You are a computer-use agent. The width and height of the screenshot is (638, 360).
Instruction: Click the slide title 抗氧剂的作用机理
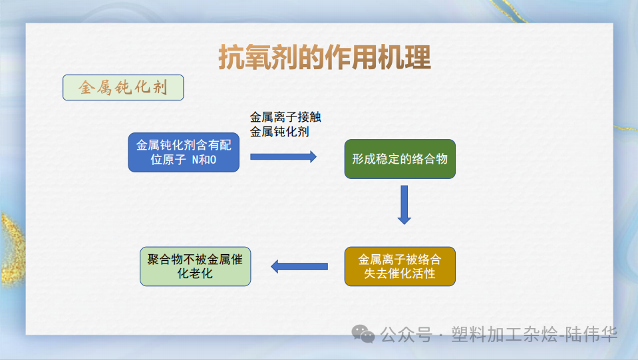[325, 58]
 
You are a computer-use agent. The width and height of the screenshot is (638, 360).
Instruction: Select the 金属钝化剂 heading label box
[123, 88]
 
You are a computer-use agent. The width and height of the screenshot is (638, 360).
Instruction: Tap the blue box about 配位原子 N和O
[184, 152]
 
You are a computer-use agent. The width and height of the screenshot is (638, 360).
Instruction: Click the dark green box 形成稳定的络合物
[400, 159]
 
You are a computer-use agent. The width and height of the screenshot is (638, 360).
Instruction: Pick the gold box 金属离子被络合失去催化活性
[400, 266]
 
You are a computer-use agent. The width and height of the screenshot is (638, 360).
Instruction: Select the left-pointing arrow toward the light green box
[299, 267]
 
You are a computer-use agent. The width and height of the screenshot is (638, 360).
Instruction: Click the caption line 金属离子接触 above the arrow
[285, 117]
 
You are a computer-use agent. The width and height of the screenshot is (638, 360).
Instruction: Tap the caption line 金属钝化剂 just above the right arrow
[279, 132]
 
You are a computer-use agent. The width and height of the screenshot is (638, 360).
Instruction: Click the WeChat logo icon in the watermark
[363, 333]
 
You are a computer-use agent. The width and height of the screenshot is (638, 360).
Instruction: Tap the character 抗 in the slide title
[231, 58]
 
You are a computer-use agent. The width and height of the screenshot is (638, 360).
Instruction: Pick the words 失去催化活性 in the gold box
[400, 273]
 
